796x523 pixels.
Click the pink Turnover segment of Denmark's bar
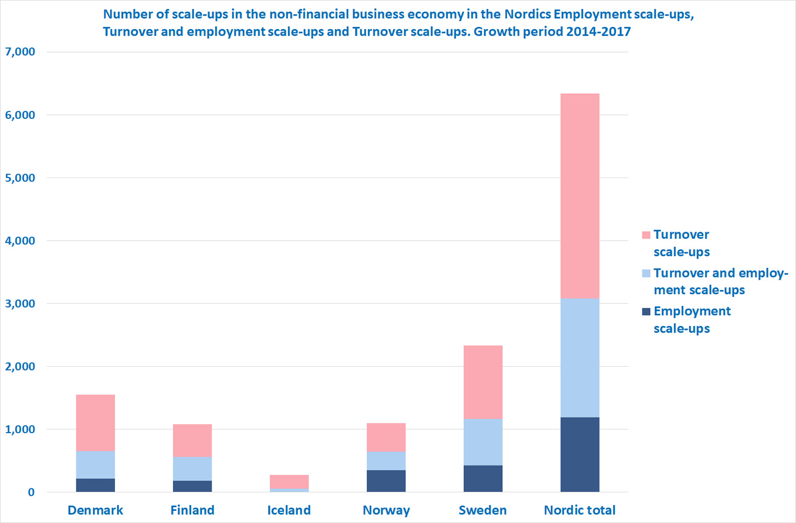click(95, 423)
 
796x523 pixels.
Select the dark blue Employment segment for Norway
click(386, 481)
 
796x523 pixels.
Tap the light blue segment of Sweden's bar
click(483, 442)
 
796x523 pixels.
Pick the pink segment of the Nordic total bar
click(580, 196)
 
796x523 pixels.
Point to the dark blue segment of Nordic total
click(580, 454)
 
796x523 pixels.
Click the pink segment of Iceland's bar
click(289, 482)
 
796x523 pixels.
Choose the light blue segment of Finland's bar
click(192, 469)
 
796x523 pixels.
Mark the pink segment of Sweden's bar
click(483, 382)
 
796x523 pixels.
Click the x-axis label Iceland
click(289, 510)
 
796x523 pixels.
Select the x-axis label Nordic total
click(580, 510)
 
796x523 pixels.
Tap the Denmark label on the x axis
click(95, 510)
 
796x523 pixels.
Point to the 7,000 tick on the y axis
click(20, 52)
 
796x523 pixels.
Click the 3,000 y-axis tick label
click(20, 304)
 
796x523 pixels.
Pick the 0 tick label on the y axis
click(31, 492)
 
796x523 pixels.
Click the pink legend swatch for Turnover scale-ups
click(646, 235)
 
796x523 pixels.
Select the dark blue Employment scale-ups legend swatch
click(646, 311)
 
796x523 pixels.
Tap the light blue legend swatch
click(646, 274)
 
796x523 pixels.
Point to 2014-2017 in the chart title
click(598, 32)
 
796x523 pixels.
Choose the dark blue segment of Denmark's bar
click(95, 485)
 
